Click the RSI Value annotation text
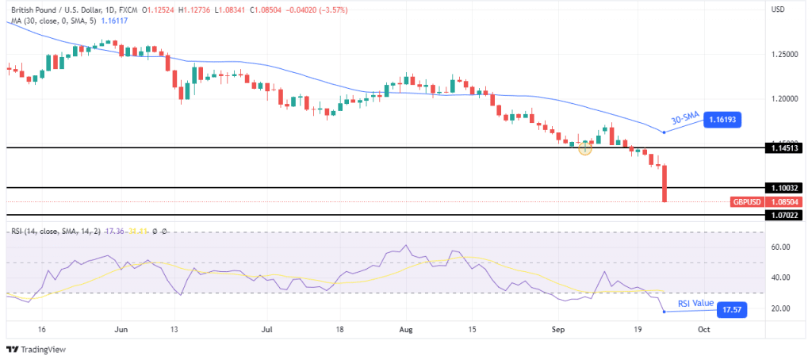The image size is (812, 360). coord(695,304)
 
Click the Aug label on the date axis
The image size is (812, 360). coord(407,327)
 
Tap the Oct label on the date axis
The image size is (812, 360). coord(703,327)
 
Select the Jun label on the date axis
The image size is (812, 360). coord(121,327)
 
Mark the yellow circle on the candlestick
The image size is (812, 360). coord(585,147)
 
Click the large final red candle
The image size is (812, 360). coord(664,183)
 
